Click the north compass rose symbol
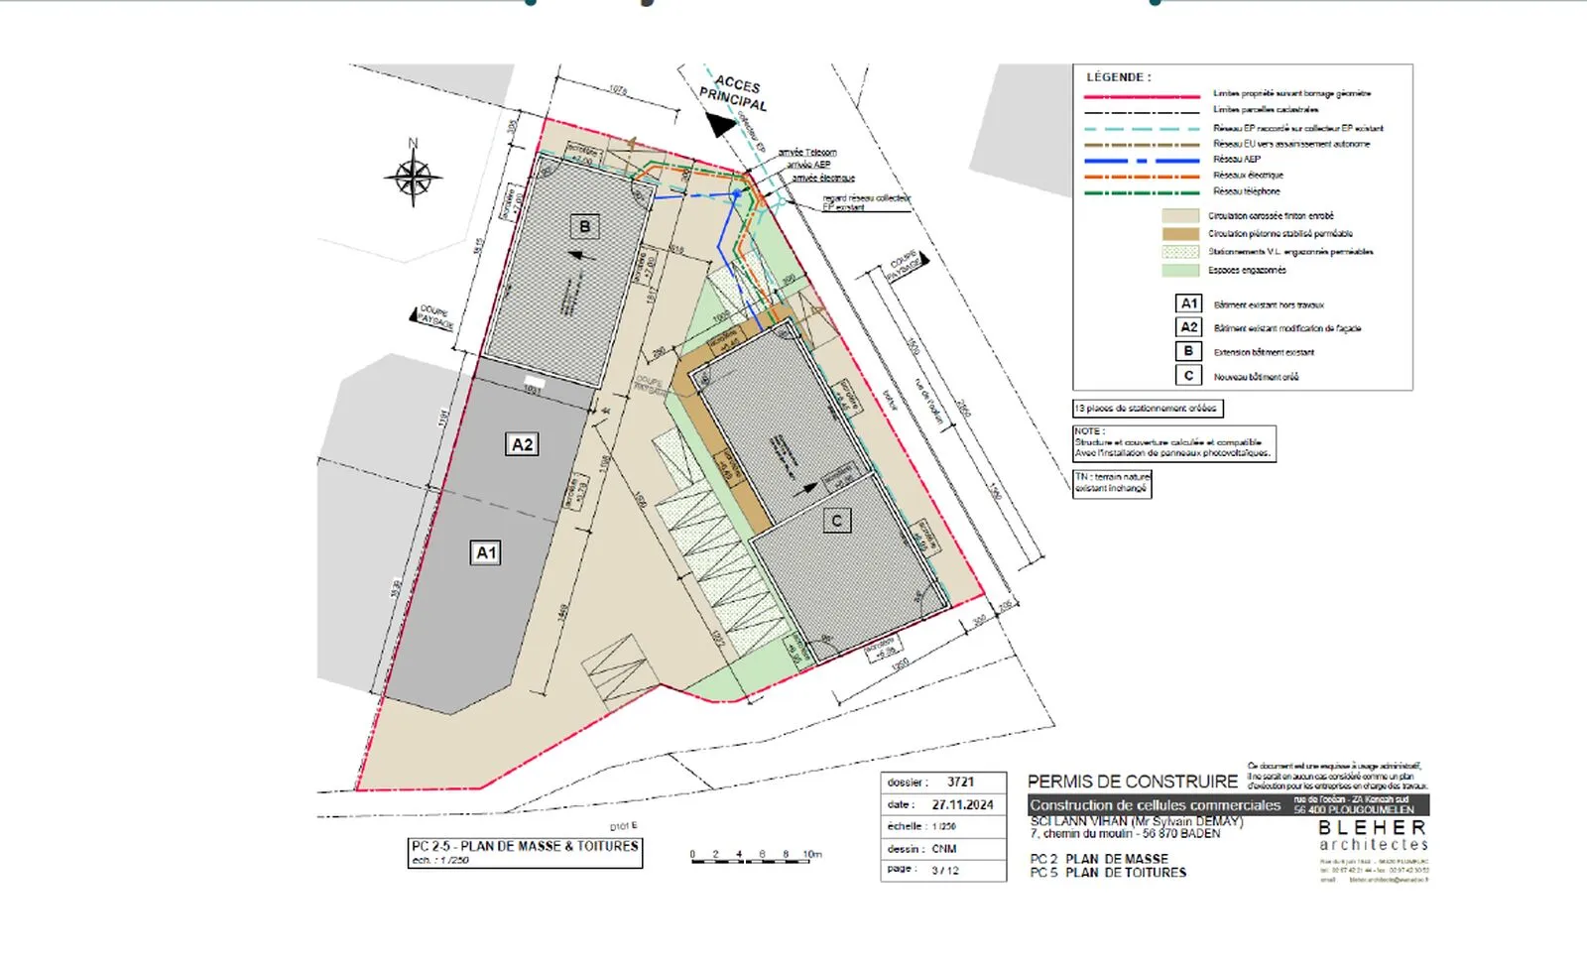[413, 178]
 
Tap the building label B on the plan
[584, 226]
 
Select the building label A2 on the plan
[522, 444]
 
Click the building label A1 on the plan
[485, 552]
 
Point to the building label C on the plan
[836, 521]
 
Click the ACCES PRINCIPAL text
[735, 92]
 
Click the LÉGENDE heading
[1118, 77]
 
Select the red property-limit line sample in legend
[1142, 97]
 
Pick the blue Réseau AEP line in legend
[1142, 161]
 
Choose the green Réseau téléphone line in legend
[1142, 192]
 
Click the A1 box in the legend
[1188, 303]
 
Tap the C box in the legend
[1188, 376]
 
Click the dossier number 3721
[960, 782]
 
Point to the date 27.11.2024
[962, 804]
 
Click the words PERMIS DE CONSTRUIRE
[1132, 782]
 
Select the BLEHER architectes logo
[1372, 835]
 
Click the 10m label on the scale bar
[812, 854]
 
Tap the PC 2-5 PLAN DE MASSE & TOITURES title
[525, 846]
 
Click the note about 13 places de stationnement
[1148, 409]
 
